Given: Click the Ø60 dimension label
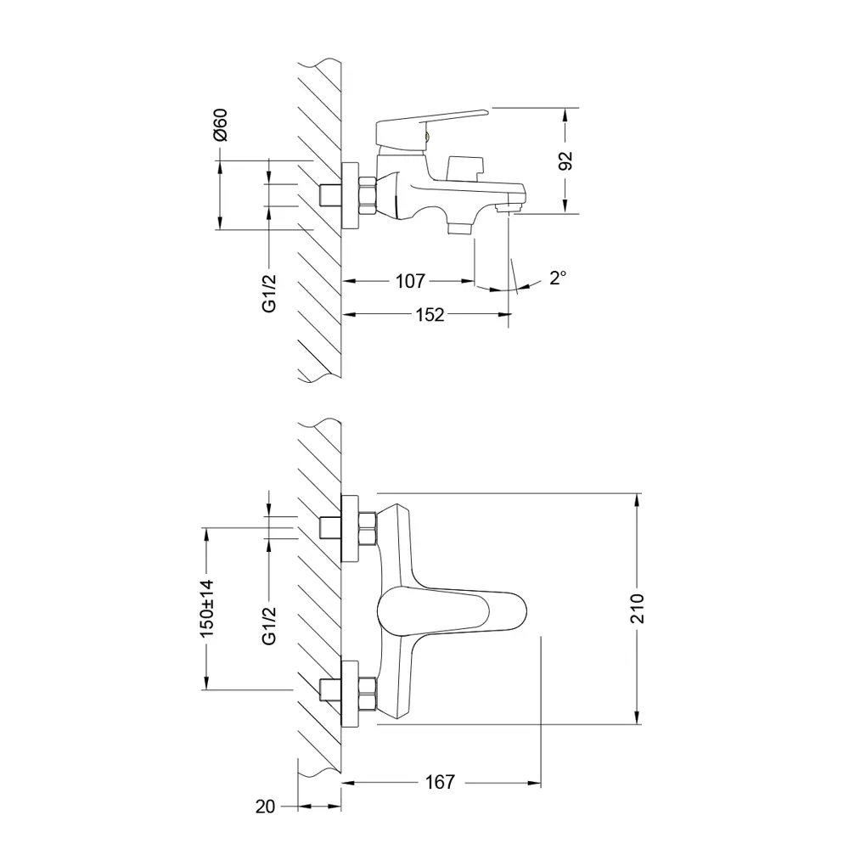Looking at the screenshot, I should point(220,125).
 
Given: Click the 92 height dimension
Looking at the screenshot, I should point(566,160).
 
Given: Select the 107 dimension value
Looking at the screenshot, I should point(409,281).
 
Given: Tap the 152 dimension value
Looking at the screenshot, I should point(430,315).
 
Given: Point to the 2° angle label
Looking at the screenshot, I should point(557,278).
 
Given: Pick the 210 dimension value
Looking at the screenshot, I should point(638,608).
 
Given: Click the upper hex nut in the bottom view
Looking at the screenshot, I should point(368,528).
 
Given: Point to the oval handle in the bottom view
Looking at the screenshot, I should point(446,611).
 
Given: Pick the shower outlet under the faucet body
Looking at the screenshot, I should point(461,226).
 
